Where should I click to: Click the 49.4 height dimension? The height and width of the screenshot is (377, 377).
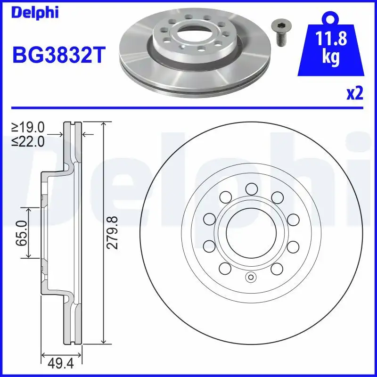coord(61,363)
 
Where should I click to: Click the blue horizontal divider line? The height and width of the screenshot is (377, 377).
coord(188,108)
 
